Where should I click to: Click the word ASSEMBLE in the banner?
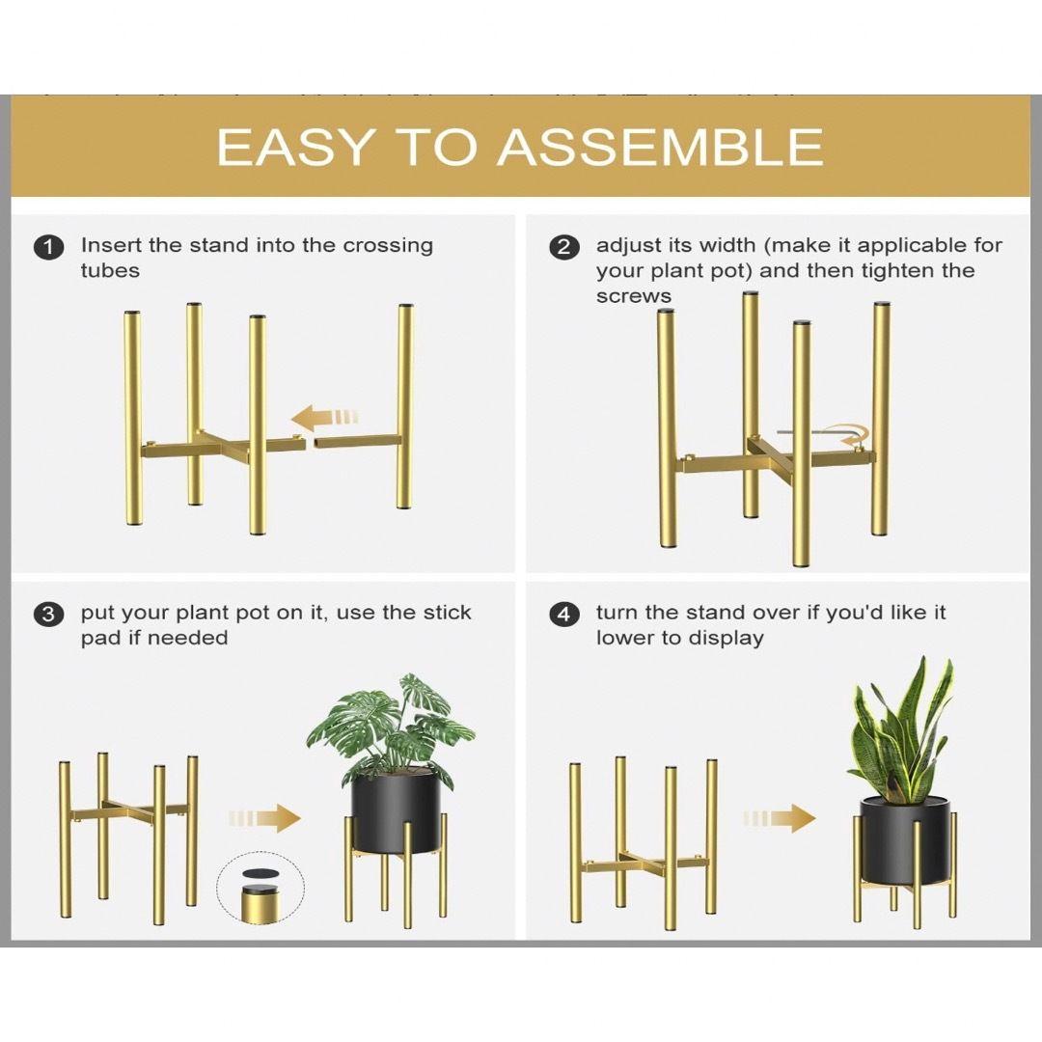tap(660, 147)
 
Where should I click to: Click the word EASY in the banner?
tap(294, 147)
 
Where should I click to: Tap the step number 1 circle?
tap(48, 247)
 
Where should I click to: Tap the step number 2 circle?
tap(563, 247)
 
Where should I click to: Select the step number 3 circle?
tap(48, 614)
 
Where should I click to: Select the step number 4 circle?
tap(563, 614)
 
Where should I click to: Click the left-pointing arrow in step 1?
tap(324, 418)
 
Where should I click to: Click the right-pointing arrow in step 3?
tap(263, 818)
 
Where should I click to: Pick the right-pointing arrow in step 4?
tap(779, 818)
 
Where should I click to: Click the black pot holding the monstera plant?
tap(397, 812)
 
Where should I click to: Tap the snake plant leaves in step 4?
tap(902, 729)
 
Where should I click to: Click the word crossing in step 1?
tap(388, 247)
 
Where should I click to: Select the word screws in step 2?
tap(633, 296)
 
